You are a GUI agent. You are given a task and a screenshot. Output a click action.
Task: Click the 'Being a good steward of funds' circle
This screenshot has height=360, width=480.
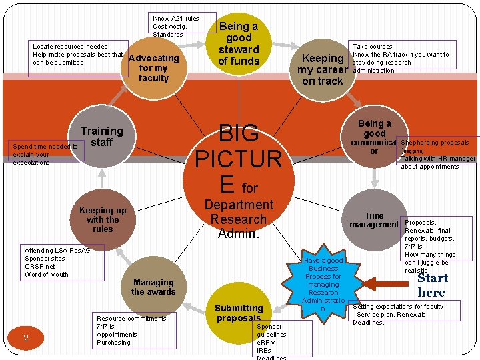click(239, 44)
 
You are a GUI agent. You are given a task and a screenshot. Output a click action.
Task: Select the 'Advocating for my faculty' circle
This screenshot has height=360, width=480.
click(153, 68)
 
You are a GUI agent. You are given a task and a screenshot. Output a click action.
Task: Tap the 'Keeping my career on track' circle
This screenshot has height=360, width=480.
click(323, 69)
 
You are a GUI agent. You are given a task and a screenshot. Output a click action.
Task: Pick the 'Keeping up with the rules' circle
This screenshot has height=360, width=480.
click(103, 219)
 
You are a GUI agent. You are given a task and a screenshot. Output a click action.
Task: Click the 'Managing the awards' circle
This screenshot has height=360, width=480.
click(153, 287)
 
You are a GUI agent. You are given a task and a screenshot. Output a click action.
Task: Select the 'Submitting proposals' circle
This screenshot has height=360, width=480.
click(239, 312)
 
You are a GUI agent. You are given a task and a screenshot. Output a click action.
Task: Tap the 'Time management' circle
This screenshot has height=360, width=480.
click(374, 220)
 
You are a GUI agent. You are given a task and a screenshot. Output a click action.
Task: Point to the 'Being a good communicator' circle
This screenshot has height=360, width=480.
click(374, 137)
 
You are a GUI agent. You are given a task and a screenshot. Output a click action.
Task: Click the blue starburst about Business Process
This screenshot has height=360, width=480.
click(323, 285)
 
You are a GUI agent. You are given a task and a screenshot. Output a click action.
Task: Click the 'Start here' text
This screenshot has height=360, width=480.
click(432, 285)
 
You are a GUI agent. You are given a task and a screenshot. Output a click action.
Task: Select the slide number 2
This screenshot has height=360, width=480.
click(25, 338)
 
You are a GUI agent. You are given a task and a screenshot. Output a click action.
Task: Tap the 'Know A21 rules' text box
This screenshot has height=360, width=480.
click(176, 19)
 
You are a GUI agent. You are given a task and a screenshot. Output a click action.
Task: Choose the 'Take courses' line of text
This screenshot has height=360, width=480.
click(373, 47)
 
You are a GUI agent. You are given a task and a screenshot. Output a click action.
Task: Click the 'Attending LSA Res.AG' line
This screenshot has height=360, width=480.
click(57, 250)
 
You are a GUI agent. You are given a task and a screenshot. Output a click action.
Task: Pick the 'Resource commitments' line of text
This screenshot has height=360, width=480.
click(131, 319)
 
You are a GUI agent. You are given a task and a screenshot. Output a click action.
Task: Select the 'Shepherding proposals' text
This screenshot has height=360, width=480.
click(435, 143)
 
